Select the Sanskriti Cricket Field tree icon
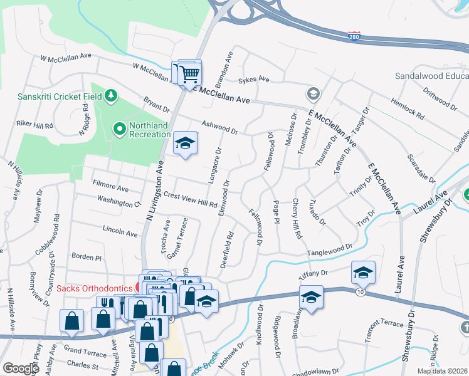click(111, 95)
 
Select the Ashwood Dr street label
click(219, 127)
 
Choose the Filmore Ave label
click(110, 188)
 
